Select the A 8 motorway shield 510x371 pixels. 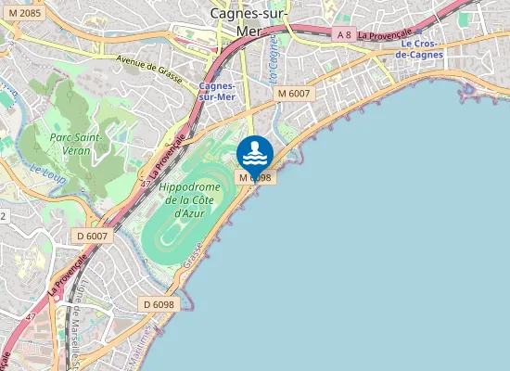click(344, 34)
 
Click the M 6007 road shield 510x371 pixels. click(295, 94)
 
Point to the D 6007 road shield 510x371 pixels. click(93, 237)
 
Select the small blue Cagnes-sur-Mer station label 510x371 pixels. click(219, 90)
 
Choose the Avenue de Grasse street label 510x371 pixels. click(150, 63)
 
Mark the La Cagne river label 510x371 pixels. click(274, 66)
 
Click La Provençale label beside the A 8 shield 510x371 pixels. click(384, 33)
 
